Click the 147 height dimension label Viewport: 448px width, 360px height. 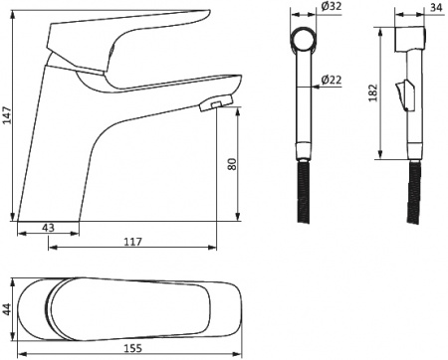click(7, 115)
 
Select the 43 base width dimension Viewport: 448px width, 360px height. click(49, 228)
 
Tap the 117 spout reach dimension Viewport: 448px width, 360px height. click(132, 242)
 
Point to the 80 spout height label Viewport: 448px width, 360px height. click(233, 164)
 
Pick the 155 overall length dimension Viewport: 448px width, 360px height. click(132, 348)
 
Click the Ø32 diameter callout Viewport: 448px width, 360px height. click(332, 6)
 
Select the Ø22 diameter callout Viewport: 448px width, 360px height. click(332, 80)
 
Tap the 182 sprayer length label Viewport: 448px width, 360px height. click(373, 92)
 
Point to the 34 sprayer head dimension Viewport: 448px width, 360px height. click(436, 7)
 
